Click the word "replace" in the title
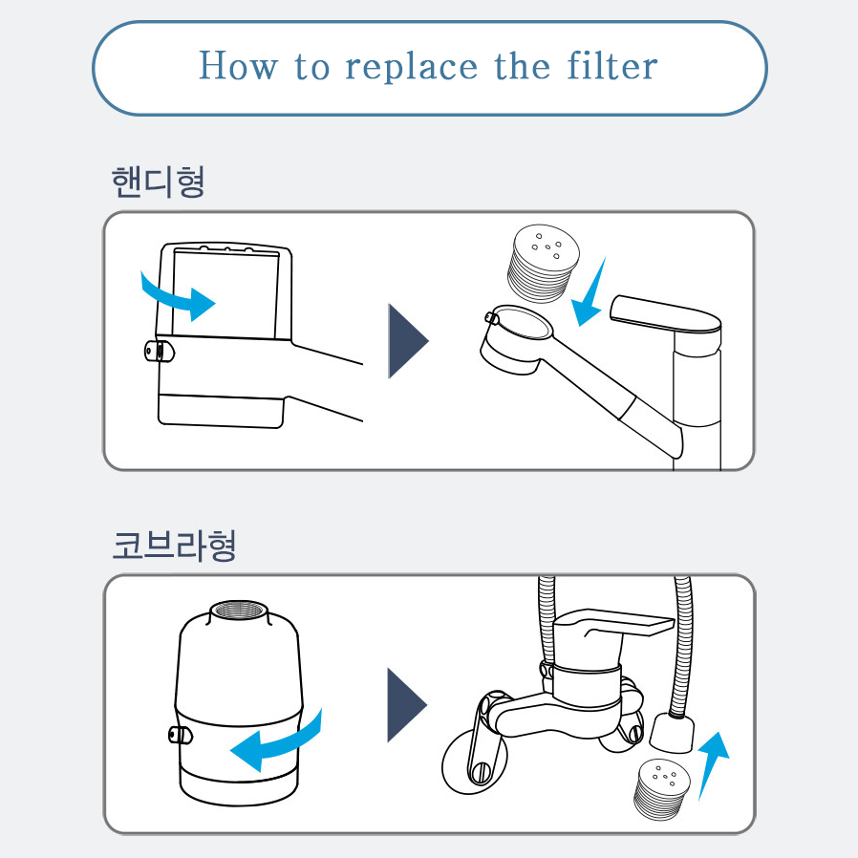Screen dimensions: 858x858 click(x=412, y=67)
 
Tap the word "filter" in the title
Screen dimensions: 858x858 click(x=612, y=65)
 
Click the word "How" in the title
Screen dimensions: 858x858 click(x=238, y=65)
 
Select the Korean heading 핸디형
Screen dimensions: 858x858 click(x=159, y=182)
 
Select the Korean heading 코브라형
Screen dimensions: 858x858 click(x=174, y=546)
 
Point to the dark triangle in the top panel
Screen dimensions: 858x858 click(x=408, y=341)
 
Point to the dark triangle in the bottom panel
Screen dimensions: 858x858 click(x=407, y=705)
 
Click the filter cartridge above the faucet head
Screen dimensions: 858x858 click(x=543, y=263)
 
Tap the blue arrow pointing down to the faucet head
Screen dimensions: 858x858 click(x=589, y=292)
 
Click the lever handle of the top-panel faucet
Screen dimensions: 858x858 click(x=665, y=316)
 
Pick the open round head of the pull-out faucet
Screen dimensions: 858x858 click(x=517, y=339)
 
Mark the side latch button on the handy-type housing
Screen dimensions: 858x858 click(x=160, y=351)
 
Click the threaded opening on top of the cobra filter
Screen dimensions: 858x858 click(x=239, y=611)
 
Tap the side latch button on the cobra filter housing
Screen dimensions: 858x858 click(x=180, y=735)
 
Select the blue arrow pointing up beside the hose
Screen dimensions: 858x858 click(x=714, y=764)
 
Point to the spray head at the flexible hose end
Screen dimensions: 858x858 click(x=672, y=732)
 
